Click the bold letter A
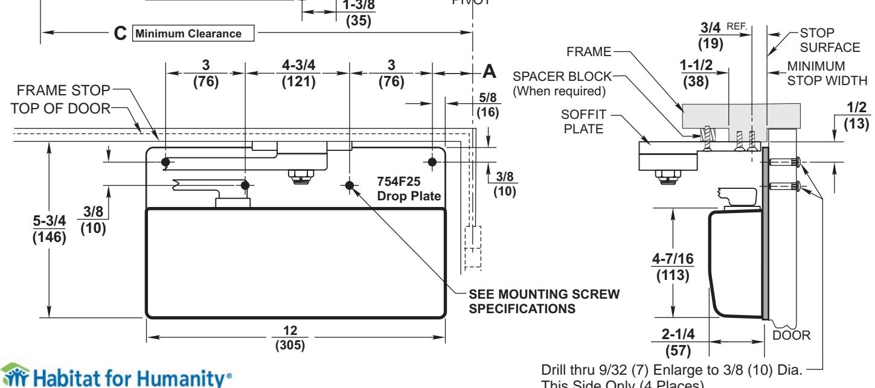click(x=490, y=72)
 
